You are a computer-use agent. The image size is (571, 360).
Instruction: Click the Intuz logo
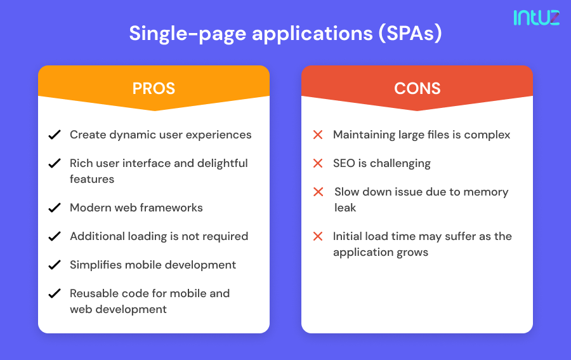(x=536, y=17)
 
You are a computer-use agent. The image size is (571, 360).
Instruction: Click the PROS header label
(x=154, y=88)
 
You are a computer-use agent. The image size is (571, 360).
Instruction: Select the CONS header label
(x=417, y=88)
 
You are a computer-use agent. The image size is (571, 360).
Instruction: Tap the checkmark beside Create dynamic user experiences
(x=55, y=135)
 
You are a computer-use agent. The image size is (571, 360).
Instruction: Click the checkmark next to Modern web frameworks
(x=55, y=208)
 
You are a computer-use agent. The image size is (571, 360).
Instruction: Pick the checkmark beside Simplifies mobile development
(x=55, y=265)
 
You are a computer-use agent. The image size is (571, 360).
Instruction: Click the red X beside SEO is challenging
(x=318, y=163)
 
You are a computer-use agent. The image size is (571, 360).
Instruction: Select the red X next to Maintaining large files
(x=318, y=135)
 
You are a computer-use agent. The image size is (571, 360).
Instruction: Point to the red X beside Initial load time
(x=318, y=236)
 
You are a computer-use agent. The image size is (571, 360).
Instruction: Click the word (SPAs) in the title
(x=410, y=33)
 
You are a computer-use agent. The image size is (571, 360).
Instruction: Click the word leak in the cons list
(x=345, y=208)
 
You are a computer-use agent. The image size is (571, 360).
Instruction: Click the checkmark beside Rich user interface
(x=55, y=163)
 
